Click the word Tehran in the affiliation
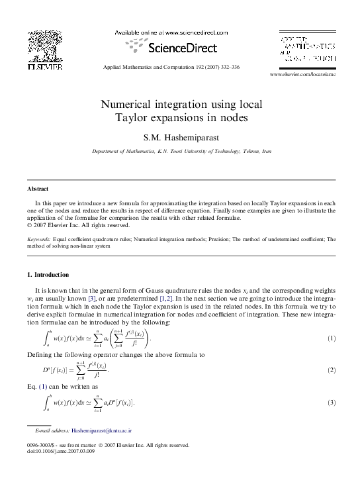253,152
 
